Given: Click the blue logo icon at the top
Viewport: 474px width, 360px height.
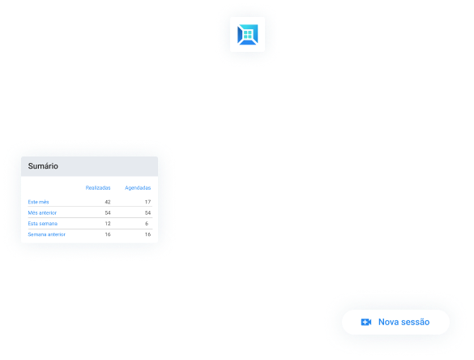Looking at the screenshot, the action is click(x=248, y=35).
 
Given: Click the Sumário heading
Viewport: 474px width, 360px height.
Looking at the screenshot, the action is click(x=43, y=166).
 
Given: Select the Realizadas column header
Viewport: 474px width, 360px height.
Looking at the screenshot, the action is click(x=98, y=188).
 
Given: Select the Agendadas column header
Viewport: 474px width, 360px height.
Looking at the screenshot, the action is click(x=138, y=188).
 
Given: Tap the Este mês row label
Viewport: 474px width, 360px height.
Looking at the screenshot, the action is click(x=38, y=202).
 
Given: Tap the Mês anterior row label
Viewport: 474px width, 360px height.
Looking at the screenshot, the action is click(x=42, y=212).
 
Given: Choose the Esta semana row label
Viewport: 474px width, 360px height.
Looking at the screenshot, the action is click(x=43, y=224).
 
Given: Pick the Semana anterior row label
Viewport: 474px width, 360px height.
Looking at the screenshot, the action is click(x=46, y=234).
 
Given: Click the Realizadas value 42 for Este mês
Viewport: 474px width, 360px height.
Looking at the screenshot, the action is click(x=108, y=202).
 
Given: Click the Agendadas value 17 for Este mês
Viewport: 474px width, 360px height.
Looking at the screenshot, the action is click(x=147, y=202).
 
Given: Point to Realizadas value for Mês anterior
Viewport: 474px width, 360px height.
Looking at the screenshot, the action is click(x=108, y=212).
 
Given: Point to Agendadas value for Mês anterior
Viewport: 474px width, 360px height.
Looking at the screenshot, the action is click(x=147, y=212).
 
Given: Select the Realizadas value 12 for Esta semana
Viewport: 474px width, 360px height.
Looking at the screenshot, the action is click(x=108, y=224).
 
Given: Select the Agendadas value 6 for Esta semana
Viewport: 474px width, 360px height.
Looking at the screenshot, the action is click(x=147, y=224).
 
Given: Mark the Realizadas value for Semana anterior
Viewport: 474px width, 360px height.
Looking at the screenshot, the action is click(x=108, y=234).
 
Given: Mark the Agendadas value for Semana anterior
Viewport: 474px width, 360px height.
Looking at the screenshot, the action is click(x=147, y=234).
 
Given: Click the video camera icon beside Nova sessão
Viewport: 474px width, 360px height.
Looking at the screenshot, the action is click(x=366, y=322).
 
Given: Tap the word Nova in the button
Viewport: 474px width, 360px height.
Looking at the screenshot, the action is click(x=388, y=322).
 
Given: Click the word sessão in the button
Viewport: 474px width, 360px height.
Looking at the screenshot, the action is click(x=415, y=322).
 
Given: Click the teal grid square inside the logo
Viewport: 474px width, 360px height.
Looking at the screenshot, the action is click(x=248, y=35).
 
